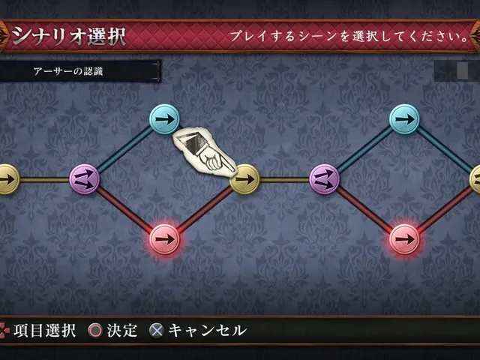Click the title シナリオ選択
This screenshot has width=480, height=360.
click(x=69, y=37)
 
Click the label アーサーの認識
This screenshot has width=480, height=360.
click(x=68, y=71)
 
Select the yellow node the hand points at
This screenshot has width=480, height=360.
click(x=244, y=179)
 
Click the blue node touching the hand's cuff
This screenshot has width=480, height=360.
click(x=164, y=119)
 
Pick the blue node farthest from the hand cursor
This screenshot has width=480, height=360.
click(x=404, y=119)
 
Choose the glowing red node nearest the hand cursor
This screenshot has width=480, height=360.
click(x=165, y=239)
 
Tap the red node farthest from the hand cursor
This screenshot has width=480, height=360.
click(x=404, y=239)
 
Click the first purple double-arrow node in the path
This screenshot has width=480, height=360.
click(x=85, y=179)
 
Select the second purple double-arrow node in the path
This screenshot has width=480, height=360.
click(x=325, y=179)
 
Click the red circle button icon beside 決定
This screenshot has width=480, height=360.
click(x=95, y=331)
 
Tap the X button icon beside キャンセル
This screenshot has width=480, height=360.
click(x=157, y=331)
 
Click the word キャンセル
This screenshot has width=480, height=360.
click(x=207, y=331)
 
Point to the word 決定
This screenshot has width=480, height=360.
click(x=121, y=331)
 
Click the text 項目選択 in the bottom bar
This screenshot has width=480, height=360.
click(x=45, y=331)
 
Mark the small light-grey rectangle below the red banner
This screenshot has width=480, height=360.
click(x=462, y=70)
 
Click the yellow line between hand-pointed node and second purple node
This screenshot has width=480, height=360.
click(x=284, y=180)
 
